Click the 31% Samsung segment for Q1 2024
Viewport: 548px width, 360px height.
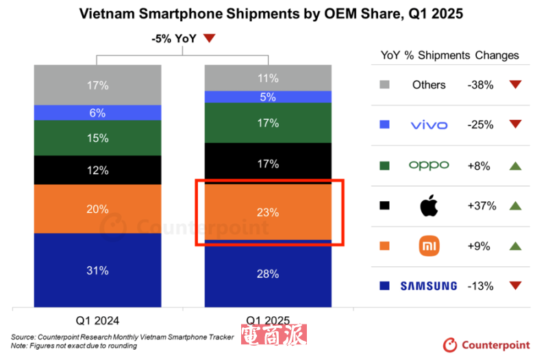97,270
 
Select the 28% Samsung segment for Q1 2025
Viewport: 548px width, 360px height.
268,274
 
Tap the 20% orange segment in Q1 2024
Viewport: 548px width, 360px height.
97,209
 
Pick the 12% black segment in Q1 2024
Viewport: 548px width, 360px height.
97,170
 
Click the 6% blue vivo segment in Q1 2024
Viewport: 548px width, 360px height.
97,113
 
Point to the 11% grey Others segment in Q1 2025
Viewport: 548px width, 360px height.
268,78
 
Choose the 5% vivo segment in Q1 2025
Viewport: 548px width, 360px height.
268,97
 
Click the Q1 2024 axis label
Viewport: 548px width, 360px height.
97,320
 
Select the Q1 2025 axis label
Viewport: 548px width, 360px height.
268,320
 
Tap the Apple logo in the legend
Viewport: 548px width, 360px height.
429,205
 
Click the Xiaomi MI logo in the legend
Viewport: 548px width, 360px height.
429,246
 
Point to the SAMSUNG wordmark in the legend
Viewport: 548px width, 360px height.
428,285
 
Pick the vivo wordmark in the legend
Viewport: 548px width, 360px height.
429,125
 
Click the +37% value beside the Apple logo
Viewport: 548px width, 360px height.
480,205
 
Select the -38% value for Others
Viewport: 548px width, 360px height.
480,85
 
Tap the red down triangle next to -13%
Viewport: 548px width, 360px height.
516,285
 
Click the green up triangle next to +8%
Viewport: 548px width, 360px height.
516,165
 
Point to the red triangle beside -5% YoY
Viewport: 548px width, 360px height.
210,39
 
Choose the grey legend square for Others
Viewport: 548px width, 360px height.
384,85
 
